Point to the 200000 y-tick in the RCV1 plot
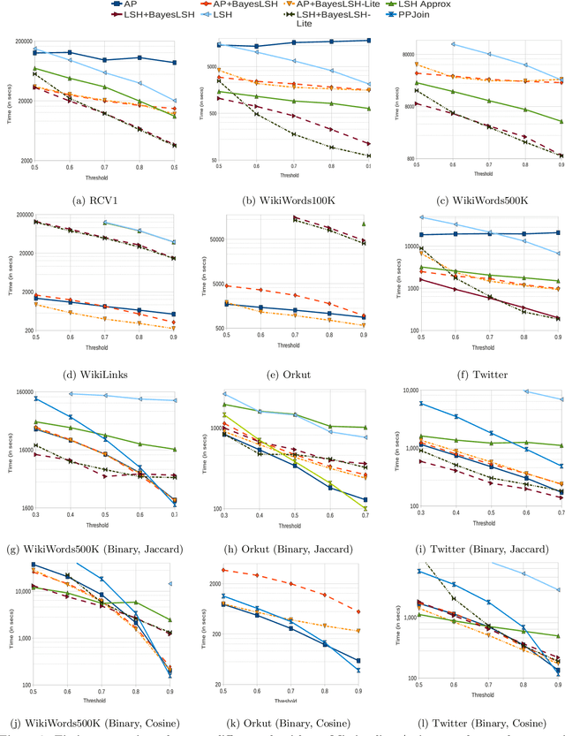click(18, 42)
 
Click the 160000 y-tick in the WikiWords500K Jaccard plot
click(18, 392)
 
